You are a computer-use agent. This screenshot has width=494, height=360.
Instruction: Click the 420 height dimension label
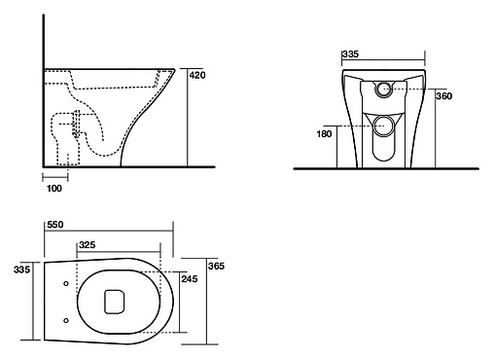pyautogui.click(x=197, y=75)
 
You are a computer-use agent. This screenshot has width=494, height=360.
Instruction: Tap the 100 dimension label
pyautogui.click(x=54, y=189)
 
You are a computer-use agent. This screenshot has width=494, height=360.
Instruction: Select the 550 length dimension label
pyautogui.click(x=55, y=225)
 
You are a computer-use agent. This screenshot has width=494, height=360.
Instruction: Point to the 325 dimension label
pyautogui.click(x=88, y=245)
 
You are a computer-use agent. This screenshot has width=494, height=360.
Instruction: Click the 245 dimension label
pyautogui.click(x=190, y=279)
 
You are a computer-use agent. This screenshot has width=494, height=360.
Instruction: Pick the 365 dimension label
pyautogui.click(x=216, y=267)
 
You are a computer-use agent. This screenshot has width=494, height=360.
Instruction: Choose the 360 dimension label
pyautogui.click(x=443, y=96)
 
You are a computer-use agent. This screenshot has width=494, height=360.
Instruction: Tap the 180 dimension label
pyautogui.click(x=324, y=134)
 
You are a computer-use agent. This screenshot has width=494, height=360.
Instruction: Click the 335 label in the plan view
pyautogui.click(x=21, y=270)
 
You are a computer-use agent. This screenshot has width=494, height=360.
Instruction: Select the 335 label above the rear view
pyautogui.click(x=350, y=54)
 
